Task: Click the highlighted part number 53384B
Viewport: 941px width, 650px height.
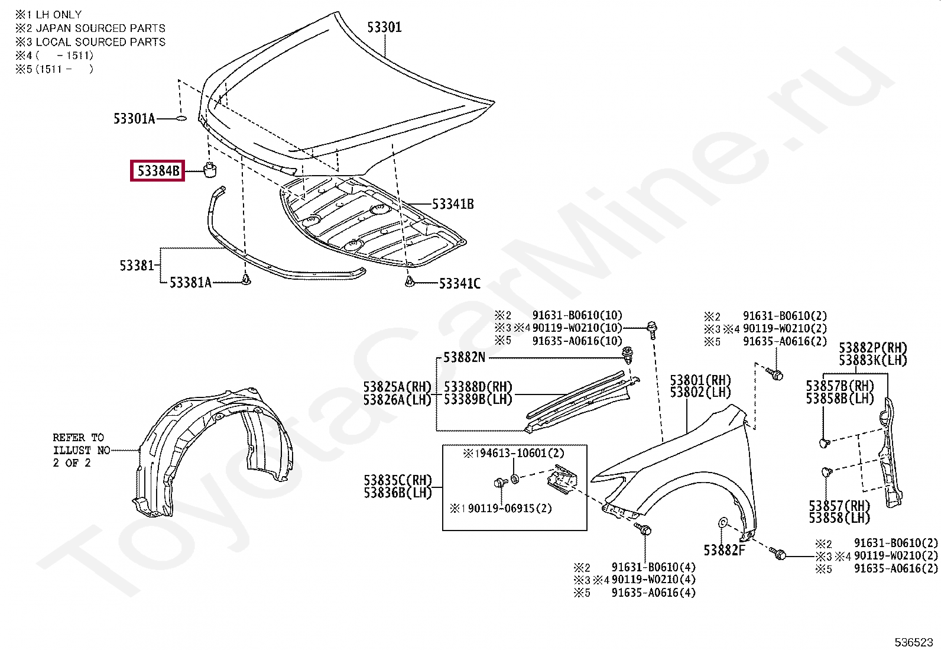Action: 158,171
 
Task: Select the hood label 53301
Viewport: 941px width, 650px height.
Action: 384,27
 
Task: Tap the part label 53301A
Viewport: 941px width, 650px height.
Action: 134,119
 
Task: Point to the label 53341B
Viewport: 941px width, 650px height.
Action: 453,205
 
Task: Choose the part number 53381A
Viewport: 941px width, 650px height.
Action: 190,283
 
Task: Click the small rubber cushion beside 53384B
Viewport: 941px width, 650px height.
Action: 210,169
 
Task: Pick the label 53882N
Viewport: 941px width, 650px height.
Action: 464,357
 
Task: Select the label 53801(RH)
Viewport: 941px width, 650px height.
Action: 700,380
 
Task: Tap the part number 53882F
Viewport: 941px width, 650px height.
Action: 724,551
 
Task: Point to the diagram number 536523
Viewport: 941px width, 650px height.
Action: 913,642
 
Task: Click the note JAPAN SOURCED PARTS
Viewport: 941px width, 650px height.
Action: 100,28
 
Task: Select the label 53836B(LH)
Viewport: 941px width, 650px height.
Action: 398,493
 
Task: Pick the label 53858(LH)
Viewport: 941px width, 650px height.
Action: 839,518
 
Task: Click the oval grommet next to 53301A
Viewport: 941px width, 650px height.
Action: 181,119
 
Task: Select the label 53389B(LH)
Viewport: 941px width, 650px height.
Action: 478,399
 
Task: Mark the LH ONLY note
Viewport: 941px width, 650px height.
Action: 59,15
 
